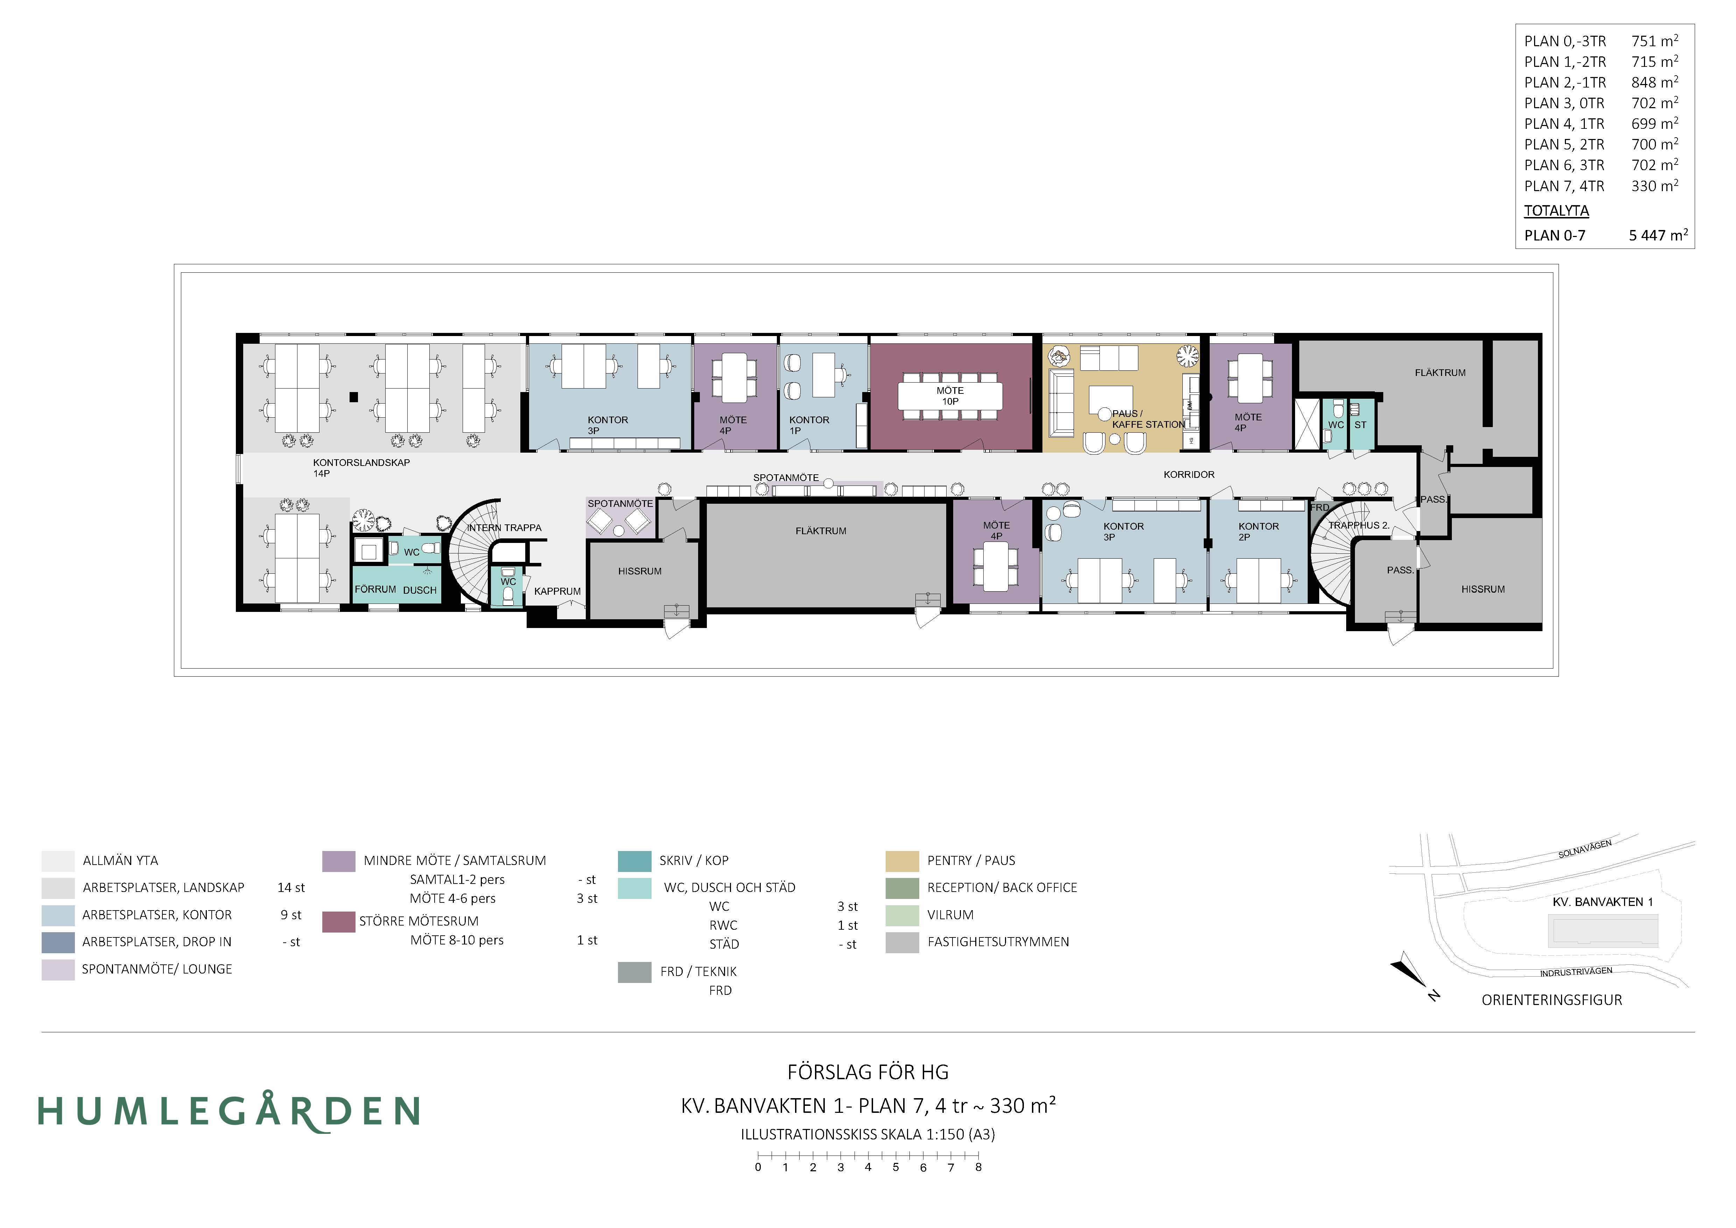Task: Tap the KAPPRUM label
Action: tap(557, 591)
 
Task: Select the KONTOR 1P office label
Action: tap(809, 425)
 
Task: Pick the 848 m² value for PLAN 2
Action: tap(1654, 82)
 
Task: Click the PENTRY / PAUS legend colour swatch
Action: tap(902, 860)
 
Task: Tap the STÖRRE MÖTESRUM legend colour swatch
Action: tap(339, 921)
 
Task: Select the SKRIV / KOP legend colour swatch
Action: tap(634, 860)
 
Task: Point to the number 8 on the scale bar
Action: tap(978, 1167)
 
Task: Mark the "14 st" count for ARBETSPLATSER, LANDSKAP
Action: tap(291, 888)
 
